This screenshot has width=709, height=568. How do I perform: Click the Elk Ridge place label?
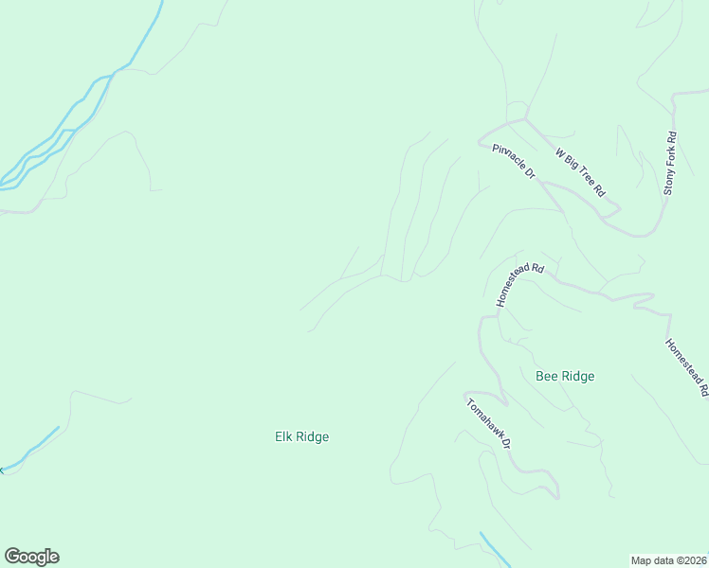tap(301, 436)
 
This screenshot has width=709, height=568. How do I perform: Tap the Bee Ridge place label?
tap(565, 376)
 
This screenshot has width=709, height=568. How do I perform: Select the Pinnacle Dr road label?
tap(515, 161)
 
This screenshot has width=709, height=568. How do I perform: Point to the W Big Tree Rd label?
tap(580, 171)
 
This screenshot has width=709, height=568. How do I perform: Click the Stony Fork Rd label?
tap(670, 163)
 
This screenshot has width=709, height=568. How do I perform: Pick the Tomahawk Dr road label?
tap(489, 423)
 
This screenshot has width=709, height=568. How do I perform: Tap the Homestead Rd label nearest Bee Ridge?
tap(520, 284)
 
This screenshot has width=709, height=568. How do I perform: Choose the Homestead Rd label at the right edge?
tap(687, 366)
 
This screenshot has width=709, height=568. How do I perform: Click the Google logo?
tap(31, 557)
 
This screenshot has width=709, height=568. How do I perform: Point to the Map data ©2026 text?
tap(669, 559)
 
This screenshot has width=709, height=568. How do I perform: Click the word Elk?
tap(283, 436)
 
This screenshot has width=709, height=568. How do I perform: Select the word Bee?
tap(547, 376)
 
